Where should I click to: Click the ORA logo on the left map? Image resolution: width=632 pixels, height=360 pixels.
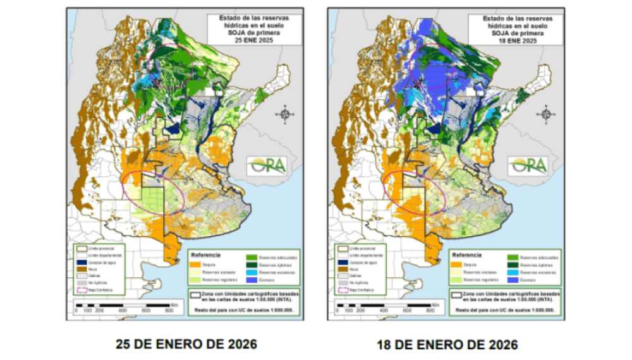[x=268, y=165]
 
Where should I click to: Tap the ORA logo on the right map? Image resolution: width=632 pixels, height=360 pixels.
[x=528, y=165]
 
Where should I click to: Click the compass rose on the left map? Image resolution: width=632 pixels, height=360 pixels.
[x=284, y=114]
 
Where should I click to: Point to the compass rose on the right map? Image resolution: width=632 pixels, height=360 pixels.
[x=545, y=114]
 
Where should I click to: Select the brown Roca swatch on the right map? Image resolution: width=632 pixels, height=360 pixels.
[x=340, y=269]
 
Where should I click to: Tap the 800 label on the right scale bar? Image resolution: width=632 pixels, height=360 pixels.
[x=430, y=311]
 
